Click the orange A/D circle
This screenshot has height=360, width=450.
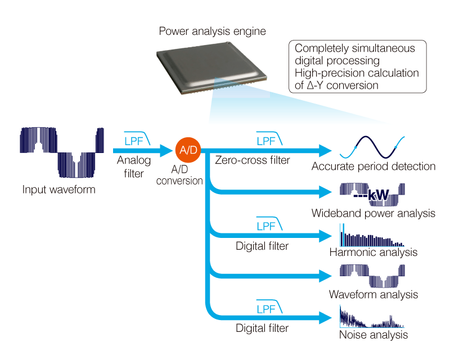(x=188, y=150)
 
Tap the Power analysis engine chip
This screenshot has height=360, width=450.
(x=212, y=67)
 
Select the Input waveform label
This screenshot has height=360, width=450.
(x=59, y=190)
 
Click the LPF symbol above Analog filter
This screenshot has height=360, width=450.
(x=137, y=139)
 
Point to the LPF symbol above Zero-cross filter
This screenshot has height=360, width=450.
(x=269, y=139)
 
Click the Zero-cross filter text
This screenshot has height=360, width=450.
(x=253, y=160)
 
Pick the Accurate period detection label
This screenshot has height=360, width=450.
(x=373, y=166)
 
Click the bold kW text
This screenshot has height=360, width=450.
(x=378, y=195)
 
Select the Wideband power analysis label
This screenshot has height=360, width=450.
(x=373, y=213)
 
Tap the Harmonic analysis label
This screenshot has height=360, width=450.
(x=373, y=253)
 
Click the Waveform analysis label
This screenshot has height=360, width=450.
(x=373, y=295)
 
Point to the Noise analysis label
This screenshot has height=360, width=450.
(x=373, y=335)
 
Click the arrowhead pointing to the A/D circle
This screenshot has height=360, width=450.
(x=166, y=151)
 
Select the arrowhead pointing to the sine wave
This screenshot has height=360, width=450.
(x=326, y=151)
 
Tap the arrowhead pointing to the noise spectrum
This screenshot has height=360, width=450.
(x=326, y=318)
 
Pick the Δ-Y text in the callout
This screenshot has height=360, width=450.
(x=315, y=85)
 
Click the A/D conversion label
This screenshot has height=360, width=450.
(x=179, y=175)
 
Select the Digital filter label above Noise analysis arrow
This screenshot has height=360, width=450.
(x=262, y=328)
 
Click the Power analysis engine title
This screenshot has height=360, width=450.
(x=213, y=31)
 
